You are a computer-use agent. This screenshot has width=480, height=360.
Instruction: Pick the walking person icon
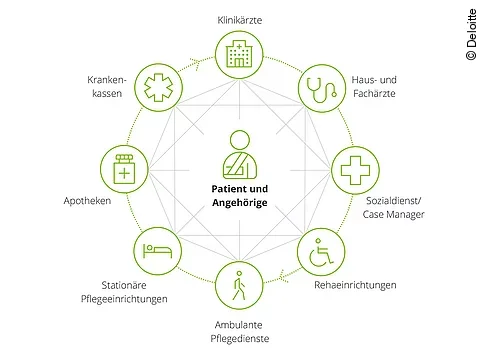pos(239,287)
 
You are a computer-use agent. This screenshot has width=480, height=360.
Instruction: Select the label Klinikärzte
pos(239,20)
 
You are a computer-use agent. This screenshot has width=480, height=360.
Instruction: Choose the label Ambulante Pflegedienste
pos(240,332)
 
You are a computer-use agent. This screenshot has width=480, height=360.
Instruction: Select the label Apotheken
pos(83,200)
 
